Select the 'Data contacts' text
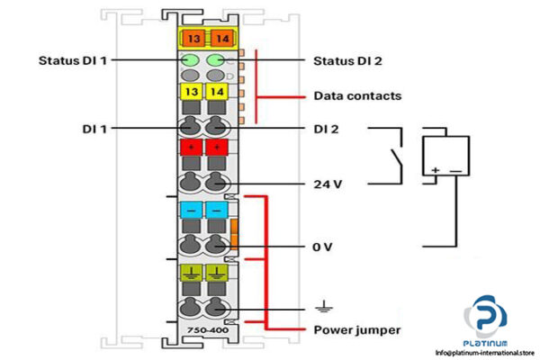pyautogui.click(x=357, y=95)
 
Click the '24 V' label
pyautogui.click(x=329, y=184)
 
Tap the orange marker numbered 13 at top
pyautogui.click(x=193, y=38)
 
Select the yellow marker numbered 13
pyautogui.click(x=193, y=93)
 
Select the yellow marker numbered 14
pyautogui.click(x=217, y=93)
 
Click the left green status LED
pyautogui.click(x=193, y=61)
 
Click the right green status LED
pyautogui.click(x=217, y=61)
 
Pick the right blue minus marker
pyautogui.click(x=217, y=209)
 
